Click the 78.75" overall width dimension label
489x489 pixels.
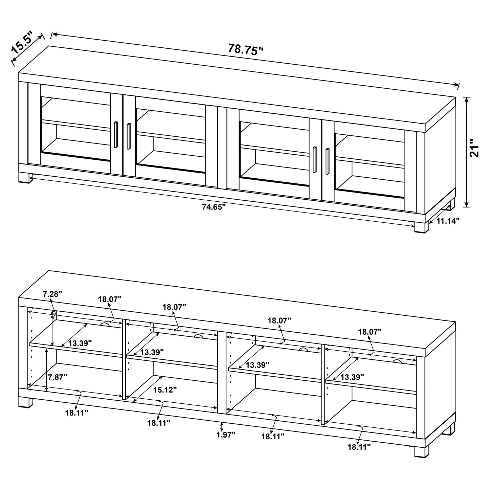(x=245, y=49)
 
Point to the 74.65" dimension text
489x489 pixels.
(x=214, y=207)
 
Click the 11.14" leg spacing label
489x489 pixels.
(x=448, y=221)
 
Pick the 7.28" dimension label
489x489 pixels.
(x=52, y=294)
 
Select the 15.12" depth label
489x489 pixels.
(x=165, y=390)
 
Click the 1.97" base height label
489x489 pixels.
(x=226, y=435)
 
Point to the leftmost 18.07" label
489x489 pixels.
(x=110, y=299)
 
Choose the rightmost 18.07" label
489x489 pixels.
(x=370, y=332)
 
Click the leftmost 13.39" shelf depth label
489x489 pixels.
(x=80, y=343)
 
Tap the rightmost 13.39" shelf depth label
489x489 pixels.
(x=352, y=376)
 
